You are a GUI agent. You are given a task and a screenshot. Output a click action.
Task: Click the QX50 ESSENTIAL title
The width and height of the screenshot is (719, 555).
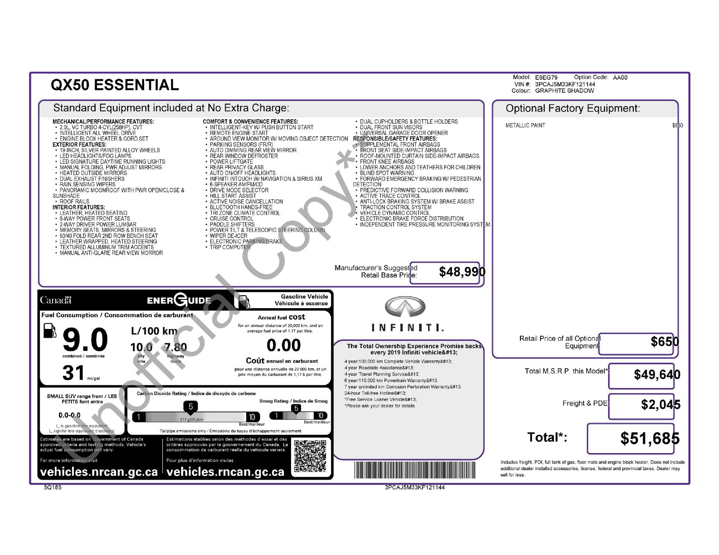115,85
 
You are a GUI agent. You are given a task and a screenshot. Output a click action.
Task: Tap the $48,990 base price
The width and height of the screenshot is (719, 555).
462,272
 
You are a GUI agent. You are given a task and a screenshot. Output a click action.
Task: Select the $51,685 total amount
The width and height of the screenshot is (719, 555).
650,438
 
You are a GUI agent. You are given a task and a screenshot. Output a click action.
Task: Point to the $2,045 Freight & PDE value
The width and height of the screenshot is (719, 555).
660,404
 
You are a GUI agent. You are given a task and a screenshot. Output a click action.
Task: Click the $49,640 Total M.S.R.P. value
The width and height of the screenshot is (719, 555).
657,374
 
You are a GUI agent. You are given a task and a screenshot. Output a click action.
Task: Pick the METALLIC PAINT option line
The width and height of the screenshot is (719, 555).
525,125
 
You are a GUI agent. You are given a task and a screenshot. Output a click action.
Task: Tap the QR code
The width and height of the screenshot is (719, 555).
310,456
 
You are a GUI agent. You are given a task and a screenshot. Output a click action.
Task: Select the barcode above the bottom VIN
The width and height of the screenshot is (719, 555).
415,471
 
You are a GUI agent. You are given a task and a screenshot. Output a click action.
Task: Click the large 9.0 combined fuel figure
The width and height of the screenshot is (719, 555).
85,340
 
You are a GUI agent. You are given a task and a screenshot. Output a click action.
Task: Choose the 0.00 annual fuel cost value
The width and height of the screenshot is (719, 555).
284,345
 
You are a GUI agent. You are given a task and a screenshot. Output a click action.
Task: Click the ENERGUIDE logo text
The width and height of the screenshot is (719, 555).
179,300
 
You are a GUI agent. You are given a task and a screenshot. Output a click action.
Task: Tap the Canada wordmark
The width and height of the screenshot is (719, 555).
55,300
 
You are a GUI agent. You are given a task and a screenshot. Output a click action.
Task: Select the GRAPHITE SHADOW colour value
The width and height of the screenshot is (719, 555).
564,91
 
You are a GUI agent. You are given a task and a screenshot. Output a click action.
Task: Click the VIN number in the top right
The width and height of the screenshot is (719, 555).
565,84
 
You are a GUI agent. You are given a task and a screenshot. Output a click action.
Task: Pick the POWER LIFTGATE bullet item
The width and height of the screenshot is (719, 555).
231,161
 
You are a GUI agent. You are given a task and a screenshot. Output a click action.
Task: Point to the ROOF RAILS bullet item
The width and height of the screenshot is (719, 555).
74,202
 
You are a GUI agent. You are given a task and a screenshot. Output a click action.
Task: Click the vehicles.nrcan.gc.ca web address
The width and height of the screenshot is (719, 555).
99,472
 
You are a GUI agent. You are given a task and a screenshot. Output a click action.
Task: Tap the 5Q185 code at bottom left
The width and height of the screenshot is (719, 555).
53,488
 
